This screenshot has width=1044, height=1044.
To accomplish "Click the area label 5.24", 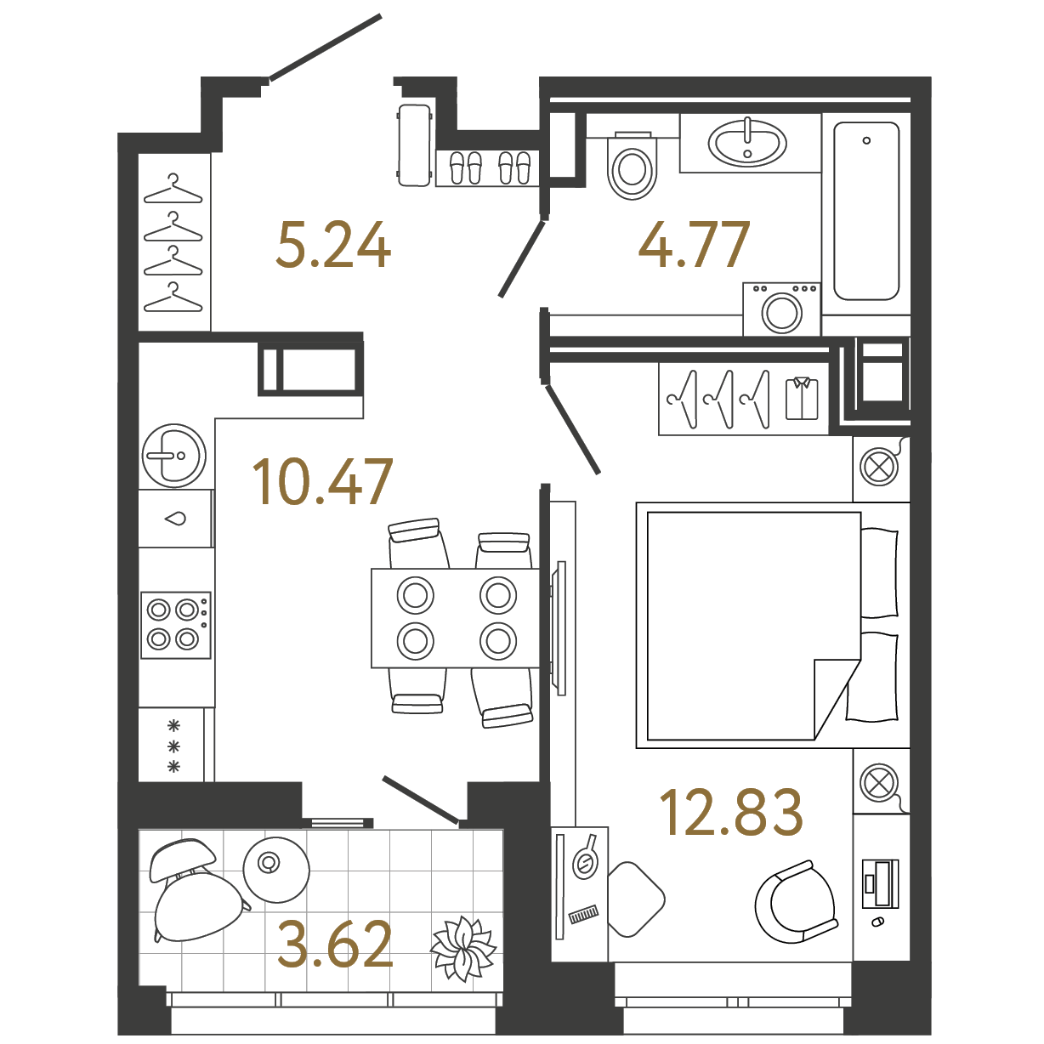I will tap(333, 246).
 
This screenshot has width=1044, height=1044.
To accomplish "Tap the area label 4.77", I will tap(694, 245).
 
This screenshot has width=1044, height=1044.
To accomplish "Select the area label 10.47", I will tap(322, 482).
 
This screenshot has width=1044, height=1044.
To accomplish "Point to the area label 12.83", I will tap(731, 812).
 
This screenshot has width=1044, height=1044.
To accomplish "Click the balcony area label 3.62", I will tap(335, 945).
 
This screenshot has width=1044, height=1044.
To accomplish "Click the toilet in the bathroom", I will tap(633, 167).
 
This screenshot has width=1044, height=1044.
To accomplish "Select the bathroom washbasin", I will tap(747, 142).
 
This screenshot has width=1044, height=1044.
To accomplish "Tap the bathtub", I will tap(866, 211).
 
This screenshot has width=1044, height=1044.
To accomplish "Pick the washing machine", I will tap(781, 309).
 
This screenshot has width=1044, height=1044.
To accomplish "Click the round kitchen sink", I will tap(173, 455).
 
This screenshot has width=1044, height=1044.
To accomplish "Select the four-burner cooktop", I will tap(175, 625).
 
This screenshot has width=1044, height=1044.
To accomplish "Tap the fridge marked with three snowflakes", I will tap(173, 746).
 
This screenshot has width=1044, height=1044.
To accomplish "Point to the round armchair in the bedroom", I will tap(796, 901).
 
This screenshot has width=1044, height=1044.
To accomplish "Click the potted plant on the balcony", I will tap(462, 948).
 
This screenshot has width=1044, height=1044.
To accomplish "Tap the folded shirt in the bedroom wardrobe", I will tap(801, 398).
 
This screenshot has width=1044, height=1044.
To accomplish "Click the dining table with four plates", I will tap(456, 618).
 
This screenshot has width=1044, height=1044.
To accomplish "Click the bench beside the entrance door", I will tap(415, 145).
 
